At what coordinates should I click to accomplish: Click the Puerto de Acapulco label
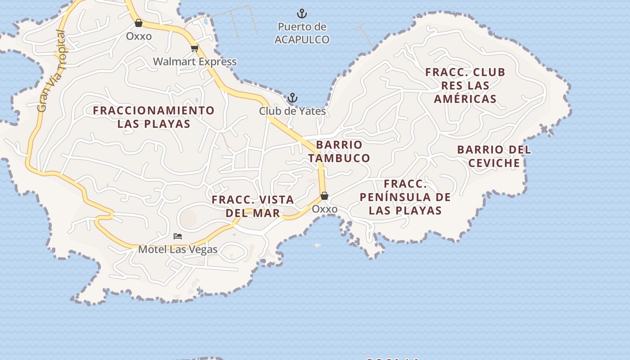302,33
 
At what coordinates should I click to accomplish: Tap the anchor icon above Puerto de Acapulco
302,13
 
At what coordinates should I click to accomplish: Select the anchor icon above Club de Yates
292,98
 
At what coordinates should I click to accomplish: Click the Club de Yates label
292,111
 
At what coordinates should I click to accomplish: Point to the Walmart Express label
195,62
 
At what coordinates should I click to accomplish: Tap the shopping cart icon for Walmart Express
194,48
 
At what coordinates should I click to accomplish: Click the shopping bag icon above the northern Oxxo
139,23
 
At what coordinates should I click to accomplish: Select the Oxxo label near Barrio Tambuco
324,209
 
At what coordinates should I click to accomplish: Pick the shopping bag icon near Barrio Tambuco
324,196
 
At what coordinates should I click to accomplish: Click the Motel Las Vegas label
178,249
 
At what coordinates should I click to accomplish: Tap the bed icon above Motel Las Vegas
178,236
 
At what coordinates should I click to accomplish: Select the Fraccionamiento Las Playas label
154,117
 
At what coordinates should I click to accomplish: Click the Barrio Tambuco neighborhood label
339,151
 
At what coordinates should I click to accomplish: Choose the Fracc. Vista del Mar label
253,206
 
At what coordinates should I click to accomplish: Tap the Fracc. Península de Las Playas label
405,197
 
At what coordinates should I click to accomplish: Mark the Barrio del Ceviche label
494,156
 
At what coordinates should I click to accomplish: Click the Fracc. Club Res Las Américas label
465,85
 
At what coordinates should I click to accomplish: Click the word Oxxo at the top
139,36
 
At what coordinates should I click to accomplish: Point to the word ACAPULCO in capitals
302,40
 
